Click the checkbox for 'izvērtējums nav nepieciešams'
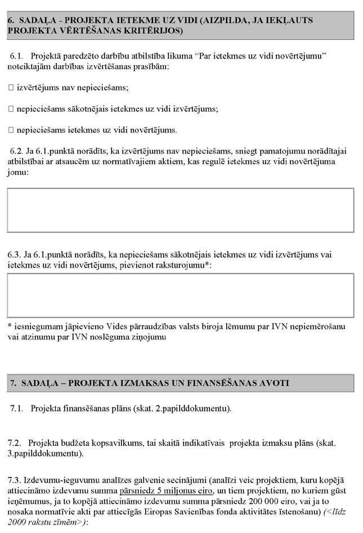[x=11, y=88]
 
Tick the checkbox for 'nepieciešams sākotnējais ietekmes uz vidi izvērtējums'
[x=11, y=109]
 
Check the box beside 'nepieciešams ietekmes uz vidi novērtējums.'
[x=11, y=130]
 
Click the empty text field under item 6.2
[x=181, y=210]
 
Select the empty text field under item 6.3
[x=181, y=295]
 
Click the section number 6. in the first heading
[x=11, y=20]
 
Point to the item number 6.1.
[x=17, y=57]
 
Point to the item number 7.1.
[x=17, y=408]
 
